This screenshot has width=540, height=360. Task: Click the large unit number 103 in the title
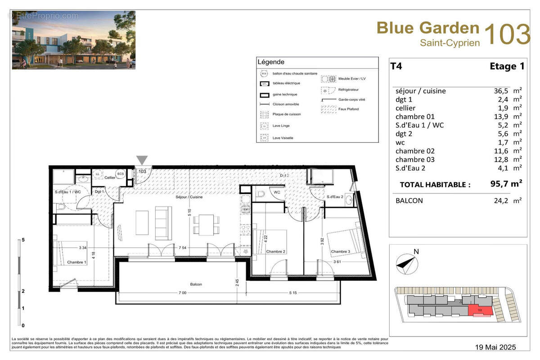(x=507, y=35)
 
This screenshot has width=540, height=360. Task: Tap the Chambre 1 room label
(x=76, y=262)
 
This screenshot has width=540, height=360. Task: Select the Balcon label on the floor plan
(x=196, y=284)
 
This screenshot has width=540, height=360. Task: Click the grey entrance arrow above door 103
(x=142, y=160)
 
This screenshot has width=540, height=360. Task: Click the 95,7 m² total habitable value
(x=506, y=184)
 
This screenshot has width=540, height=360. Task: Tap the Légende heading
(x=270, y=62)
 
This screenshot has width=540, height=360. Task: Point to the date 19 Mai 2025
(x=495, y=347)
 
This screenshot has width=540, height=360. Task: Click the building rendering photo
(x=73, y=40)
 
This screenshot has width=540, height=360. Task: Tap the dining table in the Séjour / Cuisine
(x=207, y=225)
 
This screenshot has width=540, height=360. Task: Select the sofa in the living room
(x=163, y=223)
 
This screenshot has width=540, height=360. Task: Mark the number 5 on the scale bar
(x=23, y=240)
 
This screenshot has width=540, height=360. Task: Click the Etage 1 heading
(x=507, y=67)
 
